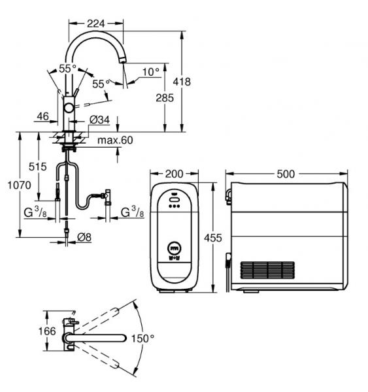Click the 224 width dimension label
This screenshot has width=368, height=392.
pyautogui.click(x=96, y=24)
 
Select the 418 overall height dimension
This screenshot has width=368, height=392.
pyautogui.click(x=182, y=82)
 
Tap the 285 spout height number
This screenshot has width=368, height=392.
pyautogui.click(x=165, y=98)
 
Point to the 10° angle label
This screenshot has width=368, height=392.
pyautogui.click(x=151, y=73)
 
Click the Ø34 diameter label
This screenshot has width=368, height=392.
pyautogui.click(x=99, y=120)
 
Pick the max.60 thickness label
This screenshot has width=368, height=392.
pyautogui.click(x=115, y=140)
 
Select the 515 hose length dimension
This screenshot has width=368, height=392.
pyautogui.click(x=37, y=167)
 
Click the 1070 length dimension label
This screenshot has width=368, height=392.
pyautogui.click(x=19, y=186)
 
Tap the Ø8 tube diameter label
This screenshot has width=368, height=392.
pyautogui.click(x=84, y=237)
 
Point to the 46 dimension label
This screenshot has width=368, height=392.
pyautogui.click(x=43, y=116)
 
